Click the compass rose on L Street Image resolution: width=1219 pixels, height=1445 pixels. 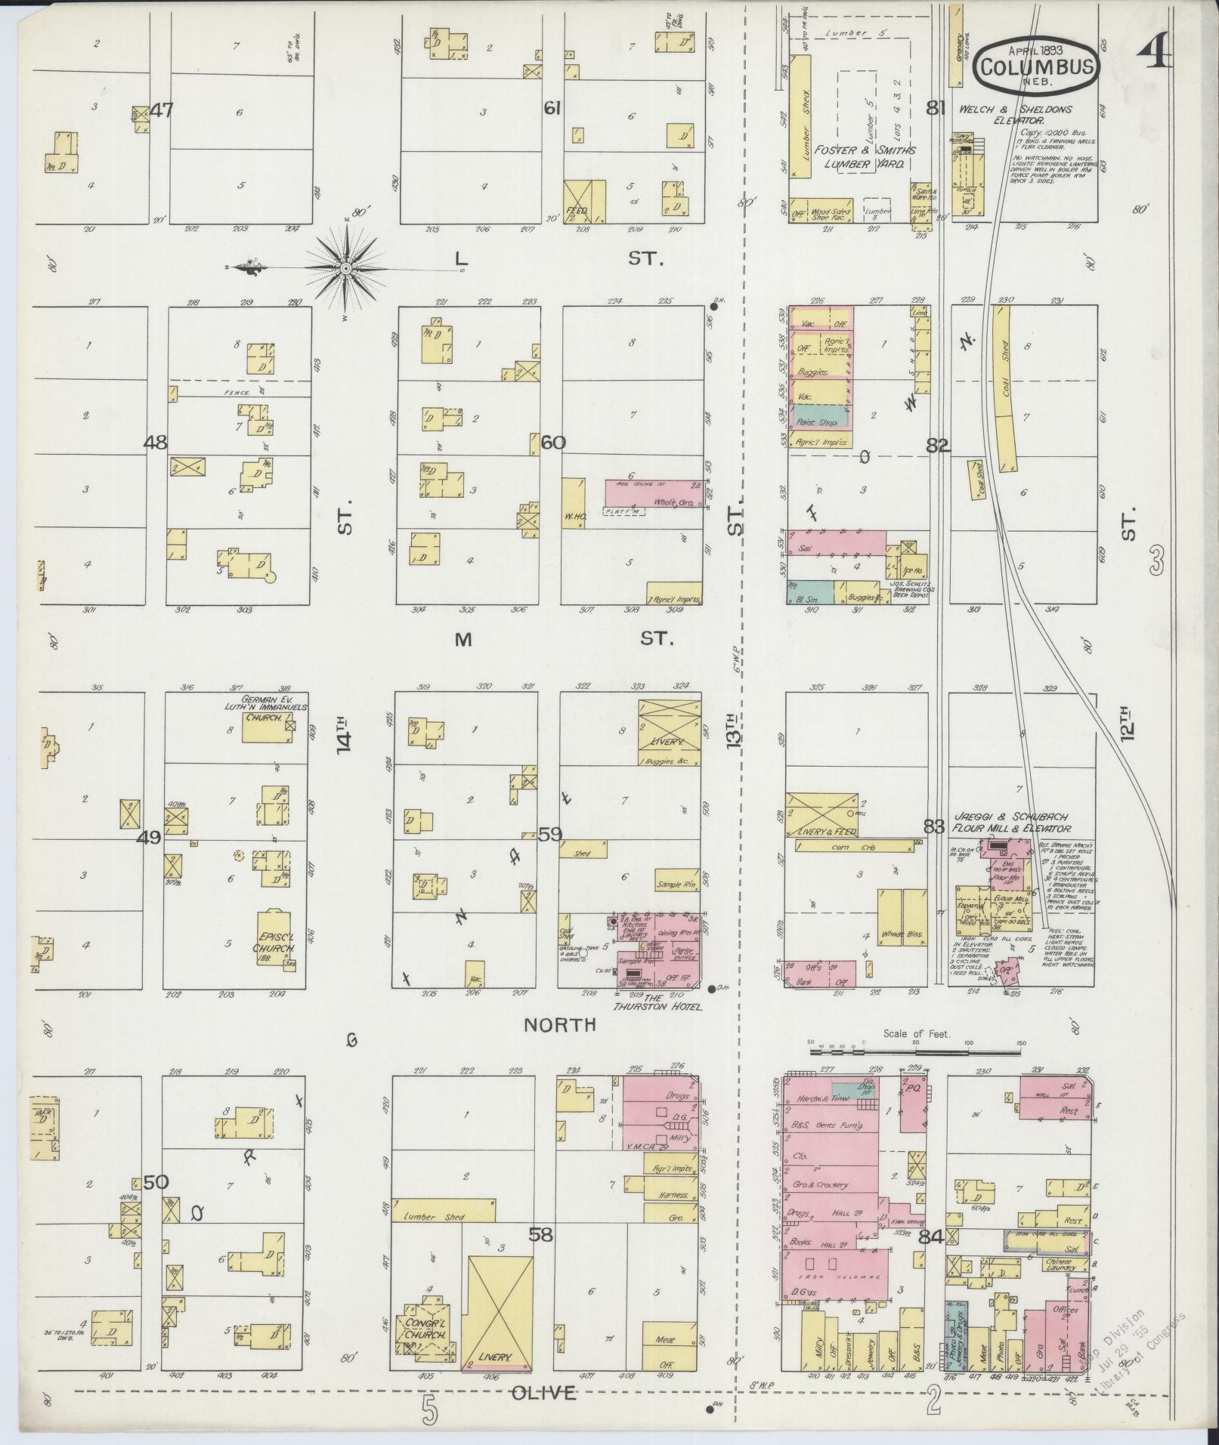click(346, 268)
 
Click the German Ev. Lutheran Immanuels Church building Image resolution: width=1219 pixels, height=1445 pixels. click(265, 729)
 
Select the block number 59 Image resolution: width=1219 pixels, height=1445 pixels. click(550, 835)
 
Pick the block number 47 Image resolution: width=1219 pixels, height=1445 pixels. click(162, 110)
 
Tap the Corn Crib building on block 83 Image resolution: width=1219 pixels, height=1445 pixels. click(855, 848)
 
